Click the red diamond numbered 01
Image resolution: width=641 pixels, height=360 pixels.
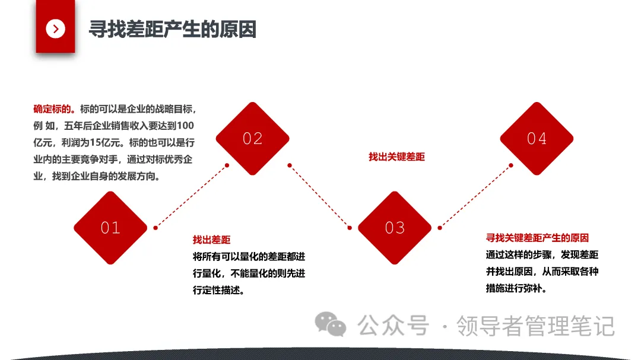(x=110, y=228)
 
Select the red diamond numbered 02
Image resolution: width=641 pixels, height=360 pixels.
(x=252, y=139)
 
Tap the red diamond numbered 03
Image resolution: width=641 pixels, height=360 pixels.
(x=395, y=228)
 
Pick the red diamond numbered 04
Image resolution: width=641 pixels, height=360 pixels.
(x=537, y=139)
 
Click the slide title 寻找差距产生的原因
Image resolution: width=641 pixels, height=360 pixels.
(x=172, y=29)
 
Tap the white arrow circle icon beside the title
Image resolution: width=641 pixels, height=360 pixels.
(x=55, y=28)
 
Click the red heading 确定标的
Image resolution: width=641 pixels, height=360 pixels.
(x=53, y=109)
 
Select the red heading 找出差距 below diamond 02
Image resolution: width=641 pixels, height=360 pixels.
(x=211, y=240)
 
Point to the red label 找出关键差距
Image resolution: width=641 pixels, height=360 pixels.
(x=396, y=157)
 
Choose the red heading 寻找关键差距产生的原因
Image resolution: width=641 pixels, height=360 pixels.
(x=537, y=238)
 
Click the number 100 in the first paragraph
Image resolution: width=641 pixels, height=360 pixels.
(x=186, y=126)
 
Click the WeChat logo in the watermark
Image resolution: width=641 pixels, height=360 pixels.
(x=330, y=324)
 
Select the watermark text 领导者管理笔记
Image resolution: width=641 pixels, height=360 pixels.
(x=535, y=326)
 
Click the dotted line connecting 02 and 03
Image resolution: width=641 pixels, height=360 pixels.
(x=319, y=196)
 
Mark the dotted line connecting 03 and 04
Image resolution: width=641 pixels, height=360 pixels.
(x=475, y=196)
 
